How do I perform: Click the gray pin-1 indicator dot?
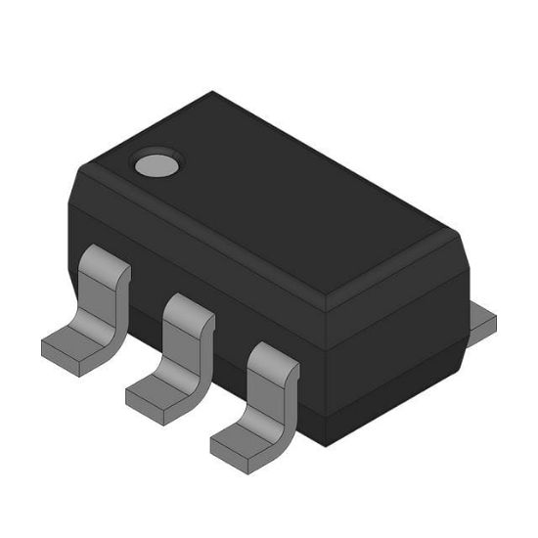155,163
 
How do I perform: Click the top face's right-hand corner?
460,233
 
